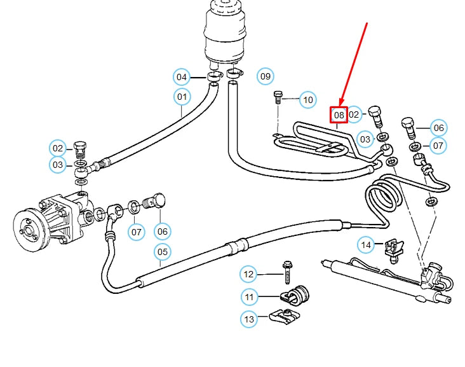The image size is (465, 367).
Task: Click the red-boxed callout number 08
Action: pyautogui.click(x=339, y=115)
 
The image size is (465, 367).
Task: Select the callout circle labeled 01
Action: pyautogui.click(x=182, y=97)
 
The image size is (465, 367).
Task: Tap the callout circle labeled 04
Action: pyautogui.click(x=182, y=78)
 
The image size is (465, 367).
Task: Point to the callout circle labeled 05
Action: pyautogui.click(x=163, y=252)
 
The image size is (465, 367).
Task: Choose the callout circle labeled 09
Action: pyautogui.click(x=266, y=77)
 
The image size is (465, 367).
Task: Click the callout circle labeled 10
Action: pyautogui.click(x=308, y=100)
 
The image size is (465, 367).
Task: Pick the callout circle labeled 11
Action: pyautogui.click(x=249, y=296)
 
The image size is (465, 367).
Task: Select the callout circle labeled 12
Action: pyautogui.click(x=249, y=275)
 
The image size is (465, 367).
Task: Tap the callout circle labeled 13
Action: pyautogui.click(x=249, y=319)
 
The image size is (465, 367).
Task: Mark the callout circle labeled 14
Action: pyautogui.click(x=366, y=244)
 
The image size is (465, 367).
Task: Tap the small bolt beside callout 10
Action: pyautogui.click(x=278, y=97)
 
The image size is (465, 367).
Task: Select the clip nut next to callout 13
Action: pyautogui.click(x=283, y=316)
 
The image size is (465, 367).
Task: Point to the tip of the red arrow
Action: pyautogui.click(x=341, y=105)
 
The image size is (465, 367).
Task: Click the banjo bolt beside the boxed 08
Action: pyautogui.click(x=375, y=116)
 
